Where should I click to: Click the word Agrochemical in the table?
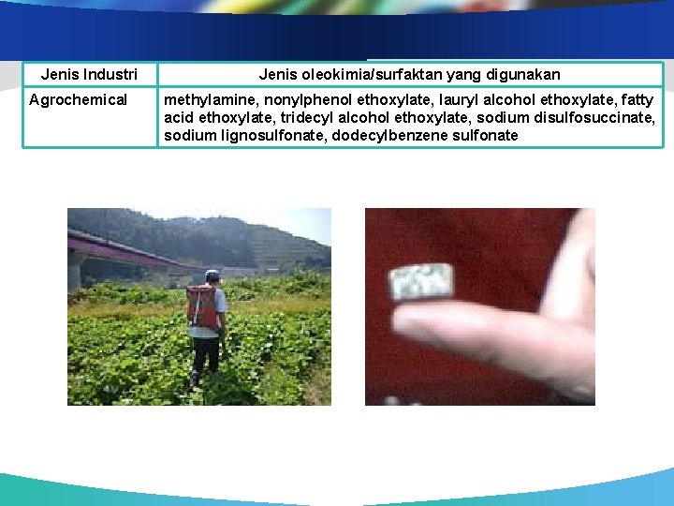coord(78,99)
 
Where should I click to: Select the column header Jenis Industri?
coord(89,74)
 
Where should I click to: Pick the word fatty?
coord(635,99)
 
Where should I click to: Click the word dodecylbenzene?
coord(405,135)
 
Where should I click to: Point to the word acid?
coord(179,117)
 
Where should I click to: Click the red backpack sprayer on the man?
coord(201,306)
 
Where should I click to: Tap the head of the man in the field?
coord(212,276)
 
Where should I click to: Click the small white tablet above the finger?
coord(421,281)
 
